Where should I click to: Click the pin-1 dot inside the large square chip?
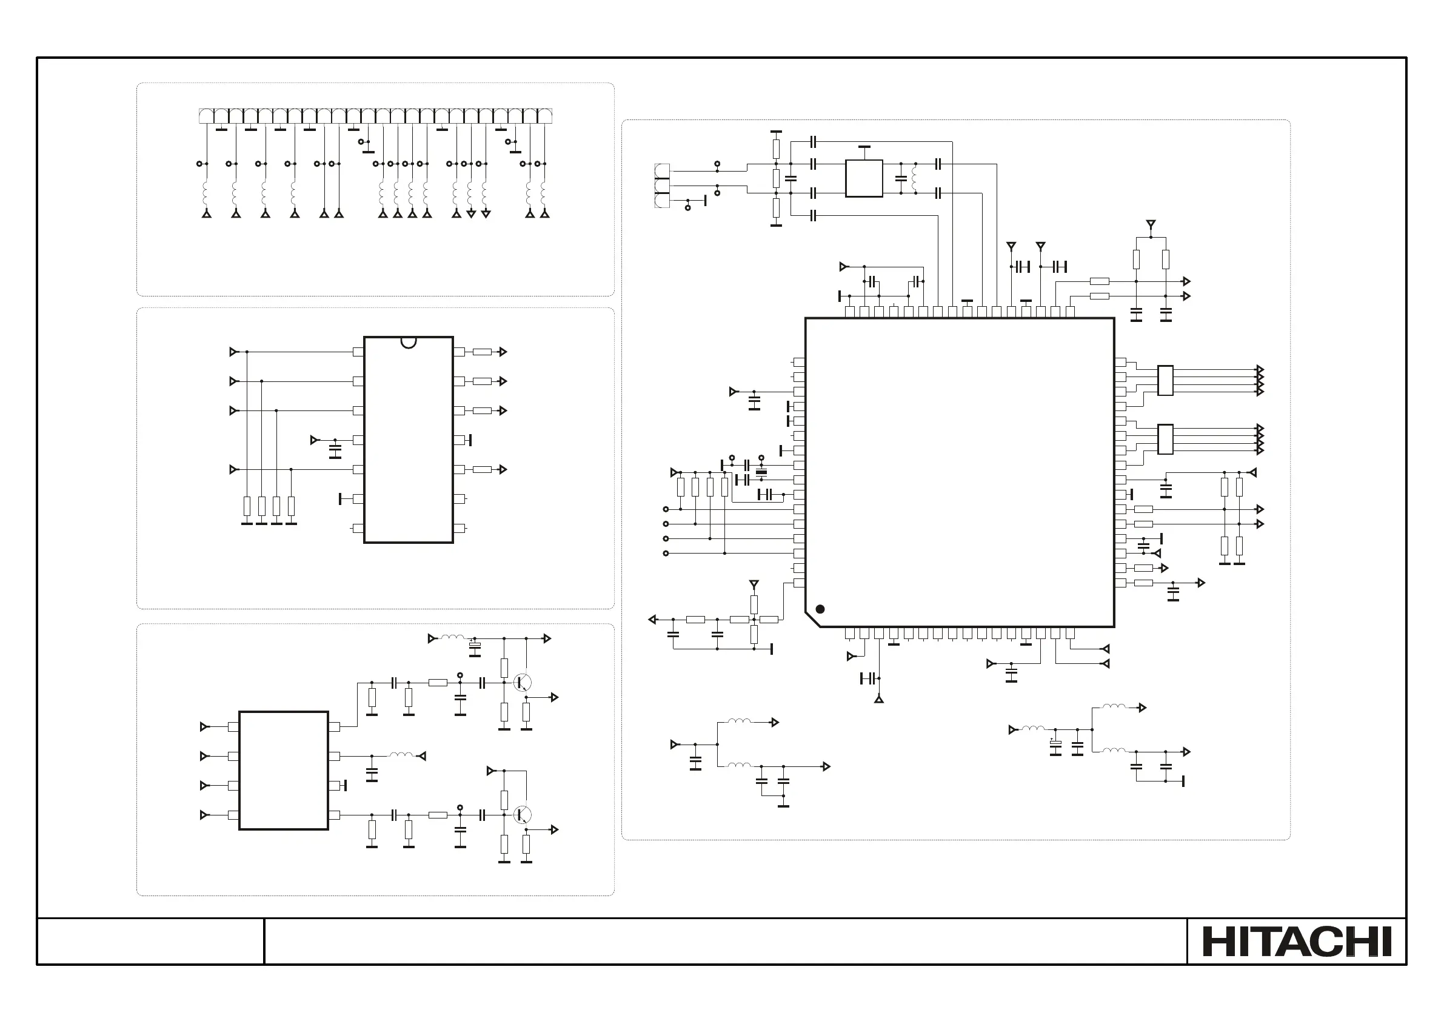820,609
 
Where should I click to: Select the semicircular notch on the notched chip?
409,342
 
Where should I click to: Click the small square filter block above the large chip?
864,178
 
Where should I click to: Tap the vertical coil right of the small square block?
914,178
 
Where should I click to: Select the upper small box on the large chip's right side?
1165,381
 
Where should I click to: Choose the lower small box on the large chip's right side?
1165,439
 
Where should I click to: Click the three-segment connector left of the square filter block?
662,186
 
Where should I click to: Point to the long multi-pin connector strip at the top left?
375,116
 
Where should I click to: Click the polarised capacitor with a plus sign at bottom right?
1055,746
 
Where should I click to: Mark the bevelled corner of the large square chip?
812,620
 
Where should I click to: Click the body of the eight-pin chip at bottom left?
284,771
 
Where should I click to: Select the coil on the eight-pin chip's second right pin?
401,755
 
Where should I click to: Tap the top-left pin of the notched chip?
358,352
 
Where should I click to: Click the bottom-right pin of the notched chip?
459,529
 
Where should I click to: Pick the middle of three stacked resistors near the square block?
776,178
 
